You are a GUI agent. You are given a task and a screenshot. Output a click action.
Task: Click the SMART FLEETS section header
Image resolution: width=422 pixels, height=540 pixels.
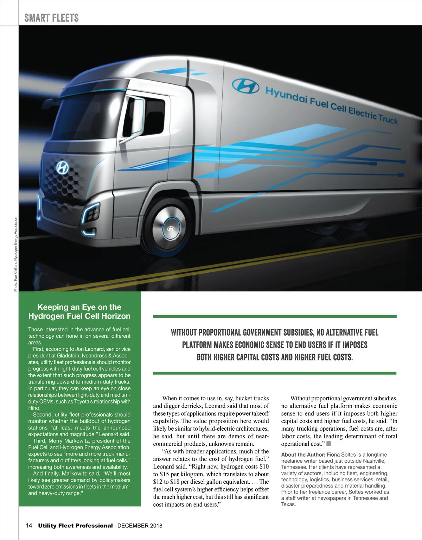[x=51, y=18]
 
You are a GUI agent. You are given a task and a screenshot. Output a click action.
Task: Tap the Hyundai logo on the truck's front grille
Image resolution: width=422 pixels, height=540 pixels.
[x=63, y=168]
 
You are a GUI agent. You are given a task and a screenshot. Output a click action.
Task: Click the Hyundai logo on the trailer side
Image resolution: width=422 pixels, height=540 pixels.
[x=245, y=85]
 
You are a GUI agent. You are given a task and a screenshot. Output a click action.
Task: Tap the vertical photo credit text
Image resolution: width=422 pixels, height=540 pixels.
[x=15, y=254]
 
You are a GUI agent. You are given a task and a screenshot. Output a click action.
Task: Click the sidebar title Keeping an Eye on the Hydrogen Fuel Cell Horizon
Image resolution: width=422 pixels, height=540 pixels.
[x=79, y=311]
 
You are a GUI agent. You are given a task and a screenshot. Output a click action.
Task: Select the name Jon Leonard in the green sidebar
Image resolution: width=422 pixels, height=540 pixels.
[x=95, y=349]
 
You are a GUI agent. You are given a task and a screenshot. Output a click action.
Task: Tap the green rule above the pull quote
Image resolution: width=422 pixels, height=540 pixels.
[x=275, y=317]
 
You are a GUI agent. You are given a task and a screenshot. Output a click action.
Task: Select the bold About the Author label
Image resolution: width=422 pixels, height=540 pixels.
[x=303, y=455]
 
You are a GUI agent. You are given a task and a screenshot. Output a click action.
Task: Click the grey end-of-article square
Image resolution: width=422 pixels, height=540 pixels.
[x=329, y=444]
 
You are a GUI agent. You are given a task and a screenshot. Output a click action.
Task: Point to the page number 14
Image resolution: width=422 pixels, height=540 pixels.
[x=29, y=526]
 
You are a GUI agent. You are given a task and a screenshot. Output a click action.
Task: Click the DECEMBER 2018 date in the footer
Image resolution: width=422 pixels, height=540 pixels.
[x=140, y=526]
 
